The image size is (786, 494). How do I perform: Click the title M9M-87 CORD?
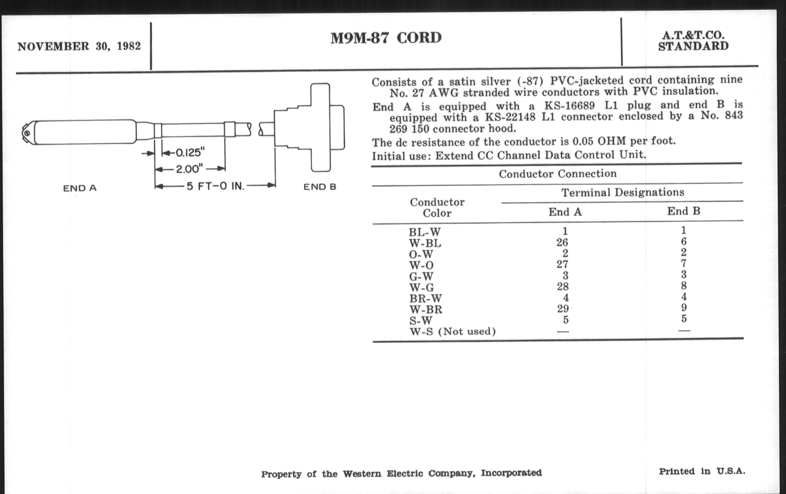(386, 38)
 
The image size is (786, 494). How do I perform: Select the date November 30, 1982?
(79, 46)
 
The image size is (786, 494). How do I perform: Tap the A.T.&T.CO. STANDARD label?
(693, 41)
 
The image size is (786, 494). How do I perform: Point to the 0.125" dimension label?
(190, 152)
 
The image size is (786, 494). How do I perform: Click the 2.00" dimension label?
(189, 169)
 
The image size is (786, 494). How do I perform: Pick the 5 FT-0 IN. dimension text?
(216, 186)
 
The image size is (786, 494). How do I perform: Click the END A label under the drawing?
(80, 188)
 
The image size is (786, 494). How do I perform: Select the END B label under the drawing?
(320, 187)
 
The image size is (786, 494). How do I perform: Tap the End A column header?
(565, 212)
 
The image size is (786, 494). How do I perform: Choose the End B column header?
(684, 211)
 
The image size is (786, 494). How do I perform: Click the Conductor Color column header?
(437, 207)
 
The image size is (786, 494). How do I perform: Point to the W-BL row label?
(425, 243)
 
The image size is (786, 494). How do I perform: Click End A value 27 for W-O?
(562, 264)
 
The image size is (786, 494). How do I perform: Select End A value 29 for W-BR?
(563, 308)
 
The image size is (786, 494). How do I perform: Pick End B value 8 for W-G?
(684, 286)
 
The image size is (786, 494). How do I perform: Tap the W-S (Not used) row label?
(453, 332)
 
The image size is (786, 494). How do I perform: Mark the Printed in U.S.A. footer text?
(702, 471)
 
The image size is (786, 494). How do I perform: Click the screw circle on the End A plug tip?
(27, 133)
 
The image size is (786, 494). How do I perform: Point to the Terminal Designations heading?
(623, 192)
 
